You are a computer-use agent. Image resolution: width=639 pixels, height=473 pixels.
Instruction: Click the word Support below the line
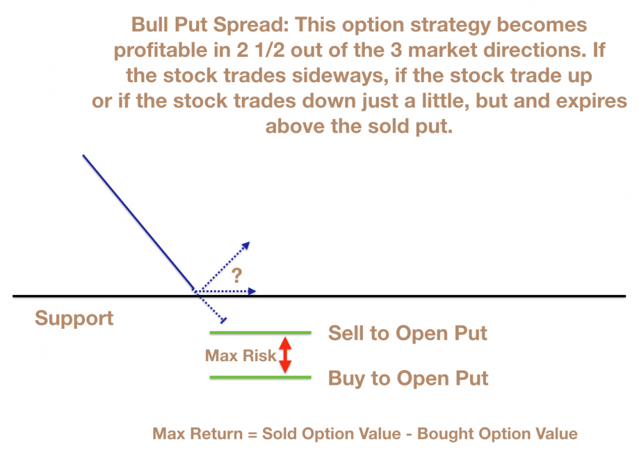click(x=74, y=319)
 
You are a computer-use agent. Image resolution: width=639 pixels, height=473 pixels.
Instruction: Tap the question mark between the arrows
click(x=237, y=276)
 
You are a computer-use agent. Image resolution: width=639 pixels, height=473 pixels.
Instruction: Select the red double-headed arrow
click(x=286, y=355)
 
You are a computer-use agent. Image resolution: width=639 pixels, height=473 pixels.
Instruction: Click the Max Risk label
click(x=241, y=355)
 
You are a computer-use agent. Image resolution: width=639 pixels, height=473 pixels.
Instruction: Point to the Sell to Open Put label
click(x=407, y=333)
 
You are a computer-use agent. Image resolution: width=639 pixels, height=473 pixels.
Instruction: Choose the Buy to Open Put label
click(x=408, y=378)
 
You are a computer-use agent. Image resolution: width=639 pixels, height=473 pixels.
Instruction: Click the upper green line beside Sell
click(x=261, y=333)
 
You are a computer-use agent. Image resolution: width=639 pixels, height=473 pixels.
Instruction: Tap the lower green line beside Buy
click(x=261, y=377)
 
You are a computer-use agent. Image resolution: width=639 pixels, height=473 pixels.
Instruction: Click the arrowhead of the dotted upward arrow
click(x=246, y=245)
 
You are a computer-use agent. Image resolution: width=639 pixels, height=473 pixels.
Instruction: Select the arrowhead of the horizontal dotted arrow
click(x=252, y=291)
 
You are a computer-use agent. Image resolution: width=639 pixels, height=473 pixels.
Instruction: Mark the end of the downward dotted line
click(x=223, y=321)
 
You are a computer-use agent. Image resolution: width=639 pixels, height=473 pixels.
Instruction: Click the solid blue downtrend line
click(x=139, y=223)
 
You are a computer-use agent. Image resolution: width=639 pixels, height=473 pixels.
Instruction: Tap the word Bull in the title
click(x=150, y=24)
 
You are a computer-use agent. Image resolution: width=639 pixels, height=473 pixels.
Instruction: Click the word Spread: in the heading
click(x=251, y=25)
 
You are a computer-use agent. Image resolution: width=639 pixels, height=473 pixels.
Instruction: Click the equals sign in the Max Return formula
click(x=252, y=434)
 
